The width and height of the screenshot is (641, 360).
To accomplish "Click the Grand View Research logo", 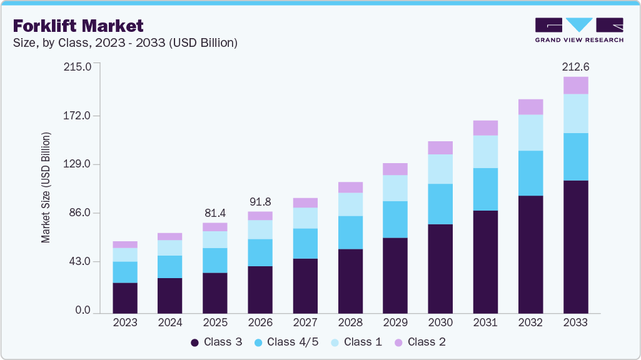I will click(x=579, y=30).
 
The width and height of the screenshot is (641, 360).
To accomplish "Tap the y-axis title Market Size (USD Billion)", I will click(x=46, y=187).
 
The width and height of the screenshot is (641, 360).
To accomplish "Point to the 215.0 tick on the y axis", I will click(x=78, y=66).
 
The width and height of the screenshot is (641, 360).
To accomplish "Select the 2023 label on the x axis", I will click(x=125, y=322).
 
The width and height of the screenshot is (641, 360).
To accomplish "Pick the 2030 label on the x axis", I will click(x=440, y=322).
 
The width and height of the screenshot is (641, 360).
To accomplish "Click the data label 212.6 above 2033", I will click(x=575, y=66).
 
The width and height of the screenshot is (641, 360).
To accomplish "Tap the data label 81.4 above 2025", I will click(x=215, y=212).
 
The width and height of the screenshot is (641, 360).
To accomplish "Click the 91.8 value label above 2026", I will click(x=260, y=201).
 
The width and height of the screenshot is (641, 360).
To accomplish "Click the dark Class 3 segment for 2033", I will click(x=575, y=247).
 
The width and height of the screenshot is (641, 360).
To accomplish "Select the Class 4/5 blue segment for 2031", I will click(x=485, y=189).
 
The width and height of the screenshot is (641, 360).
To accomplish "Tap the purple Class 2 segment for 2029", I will click(x=395, y=169).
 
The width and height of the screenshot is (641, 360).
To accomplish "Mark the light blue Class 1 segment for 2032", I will click(x=530, y=132).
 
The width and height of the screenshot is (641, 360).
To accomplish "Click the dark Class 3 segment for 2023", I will click(x=125, y=297).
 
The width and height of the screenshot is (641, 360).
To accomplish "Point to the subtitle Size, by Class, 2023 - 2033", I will click(x=125, y=43).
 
